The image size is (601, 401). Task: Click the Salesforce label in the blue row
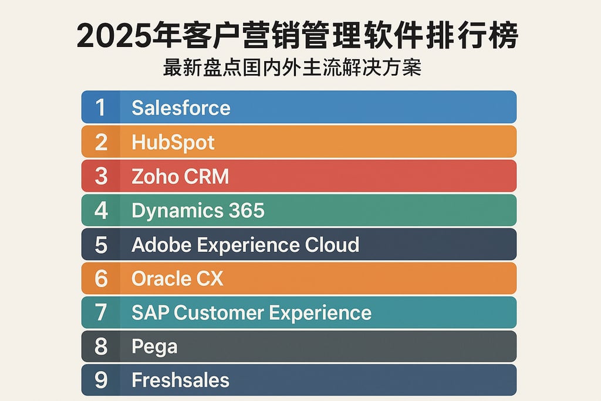point(181,107)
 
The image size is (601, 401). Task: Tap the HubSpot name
point(173,142)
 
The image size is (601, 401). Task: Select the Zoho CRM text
point(180,176)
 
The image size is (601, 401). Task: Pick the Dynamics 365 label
point(198,211)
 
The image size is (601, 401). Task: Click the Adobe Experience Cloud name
point(245,245)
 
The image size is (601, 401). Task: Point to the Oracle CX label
point(177,278)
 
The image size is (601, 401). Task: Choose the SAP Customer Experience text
point(251,312)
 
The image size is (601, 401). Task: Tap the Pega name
point(154,347)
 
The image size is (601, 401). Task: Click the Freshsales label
point(180,380)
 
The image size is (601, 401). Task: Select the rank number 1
point(100,107)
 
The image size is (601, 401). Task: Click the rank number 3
point(101,176)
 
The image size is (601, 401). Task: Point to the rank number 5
point(101,245)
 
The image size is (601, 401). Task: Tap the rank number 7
point(101,312)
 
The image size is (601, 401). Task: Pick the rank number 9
point(101,380)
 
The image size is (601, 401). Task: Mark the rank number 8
point(101,346)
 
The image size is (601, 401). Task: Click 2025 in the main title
point(112,36)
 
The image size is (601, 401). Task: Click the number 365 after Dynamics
point(246,211)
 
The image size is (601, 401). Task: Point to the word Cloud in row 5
point(332,245)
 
